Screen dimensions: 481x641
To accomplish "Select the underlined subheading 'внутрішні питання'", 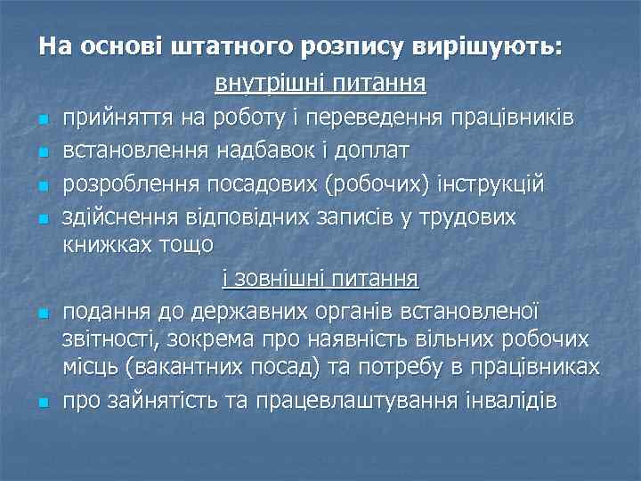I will [x=320, y=85].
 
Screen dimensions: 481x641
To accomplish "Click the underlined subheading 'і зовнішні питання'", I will [x=320, y=280].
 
